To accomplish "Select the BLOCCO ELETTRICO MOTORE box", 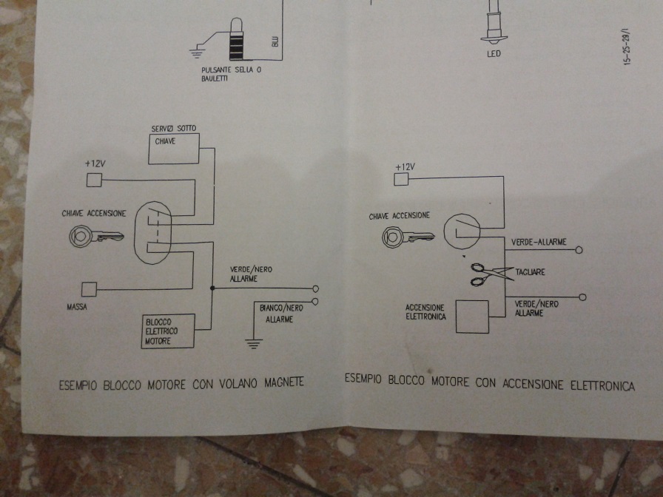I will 168,331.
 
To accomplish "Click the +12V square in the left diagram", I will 94,180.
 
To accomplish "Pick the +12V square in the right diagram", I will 402,178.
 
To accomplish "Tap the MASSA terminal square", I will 89,289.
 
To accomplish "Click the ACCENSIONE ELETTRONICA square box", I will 472,317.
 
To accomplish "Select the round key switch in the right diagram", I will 462,231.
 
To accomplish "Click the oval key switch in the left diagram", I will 153,231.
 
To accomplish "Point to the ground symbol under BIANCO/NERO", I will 254,342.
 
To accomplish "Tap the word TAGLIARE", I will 530,272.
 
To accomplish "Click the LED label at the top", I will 494,53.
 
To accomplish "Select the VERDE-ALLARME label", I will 539,242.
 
